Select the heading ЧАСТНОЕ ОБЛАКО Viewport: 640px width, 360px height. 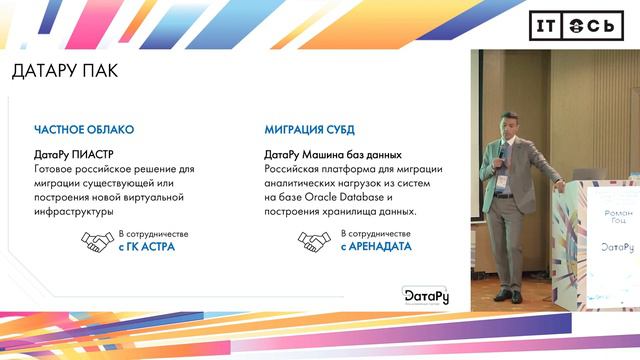pyautogui.click(x=84, y=131)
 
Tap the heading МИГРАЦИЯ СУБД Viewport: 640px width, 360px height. pyautogui.click(x=309, y=131)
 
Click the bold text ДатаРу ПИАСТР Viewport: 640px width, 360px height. pyautogui.click(x=74, y=156)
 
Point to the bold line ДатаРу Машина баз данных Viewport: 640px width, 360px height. pyautogui.click(x=333, y=156)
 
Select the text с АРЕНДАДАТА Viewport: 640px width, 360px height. pyautogui.click(x=376, y=247)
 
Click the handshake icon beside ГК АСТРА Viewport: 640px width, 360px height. pyautogui.click(x=98, y=241)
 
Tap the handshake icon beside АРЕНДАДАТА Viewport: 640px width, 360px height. pyautogui.click(x=314, y=241)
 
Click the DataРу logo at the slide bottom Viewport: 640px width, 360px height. pyautogui.click(x=425, y=295)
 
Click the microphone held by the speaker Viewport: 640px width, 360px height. pyautogui.click(x=502, y=148)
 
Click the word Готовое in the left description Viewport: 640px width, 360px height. pyautogui.click(x=57, y=170)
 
